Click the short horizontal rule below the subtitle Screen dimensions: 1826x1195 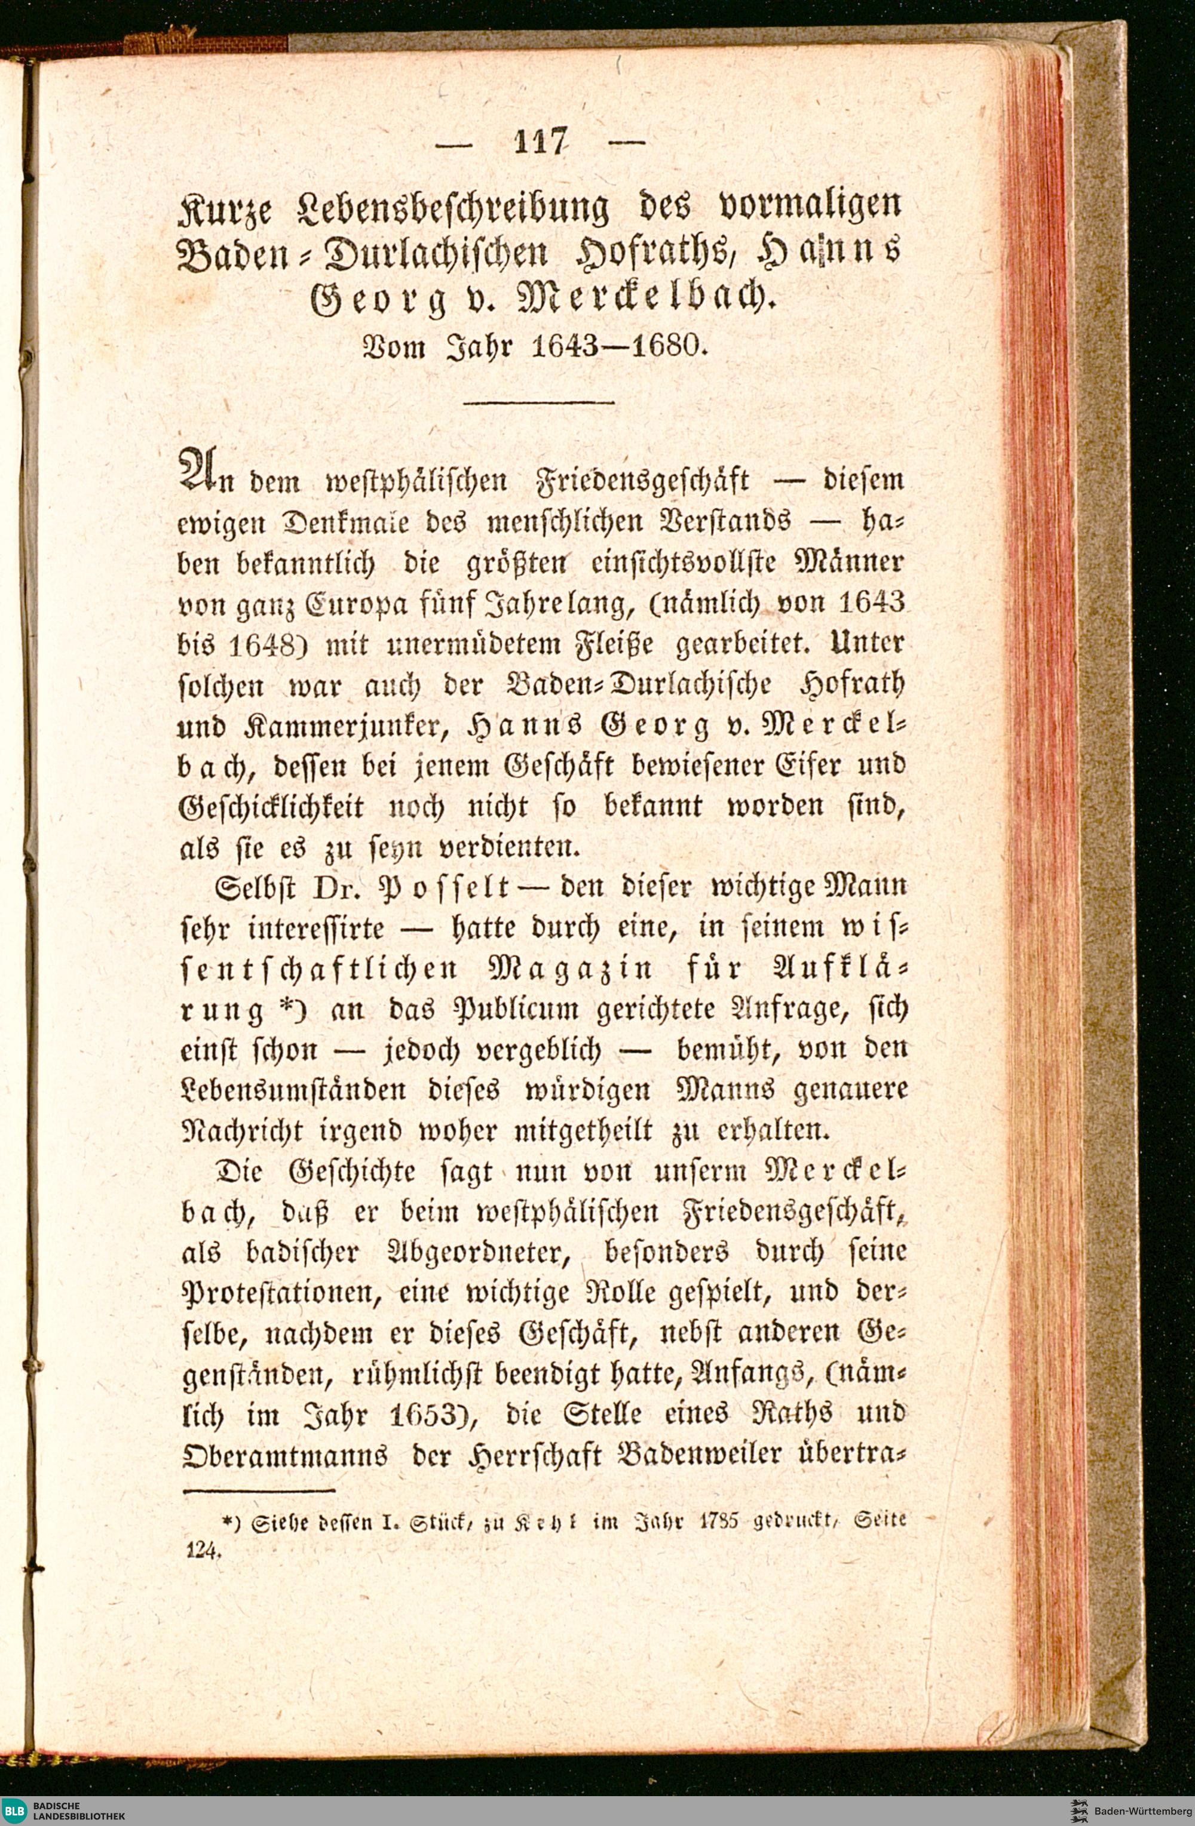point(540,401)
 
